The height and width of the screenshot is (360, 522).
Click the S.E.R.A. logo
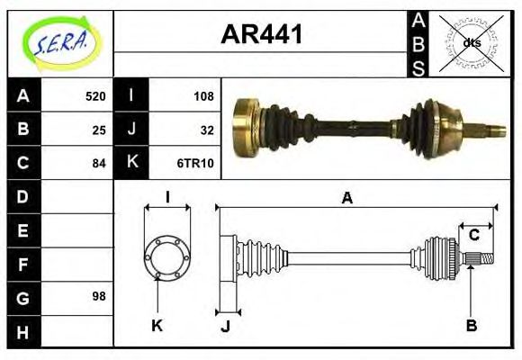coord(59,41)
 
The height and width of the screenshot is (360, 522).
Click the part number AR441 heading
coord(261,36)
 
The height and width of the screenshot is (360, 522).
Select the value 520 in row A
coord(94,96)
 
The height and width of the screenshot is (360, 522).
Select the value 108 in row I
coord(202,96)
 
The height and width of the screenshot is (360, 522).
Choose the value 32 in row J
coord(206,130)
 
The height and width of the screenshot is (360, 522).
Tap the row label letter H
coord(22,330)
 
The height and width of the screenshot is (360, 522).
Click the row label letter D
coord(22,196)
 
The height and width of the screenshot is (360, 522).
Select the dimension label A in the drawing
coord(346,199)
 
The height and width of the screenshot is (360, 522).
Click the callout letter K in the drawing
coord(157,325)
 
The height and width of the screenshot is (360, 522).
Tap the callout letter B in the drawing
coord(471,325)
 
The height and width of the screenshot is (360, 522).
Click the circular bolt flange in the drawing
coord(167,258)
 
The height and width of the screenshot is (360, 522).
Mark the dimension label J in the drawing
coord(225,326)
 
